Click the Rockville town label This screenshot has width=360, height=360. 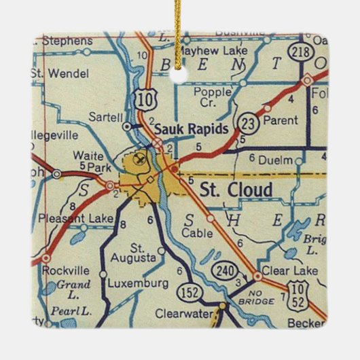coord(66,270)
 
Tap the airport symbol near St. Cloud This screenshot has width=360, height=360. coord(140,160)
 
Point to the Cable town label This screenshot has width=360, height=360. coord(197,233)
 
